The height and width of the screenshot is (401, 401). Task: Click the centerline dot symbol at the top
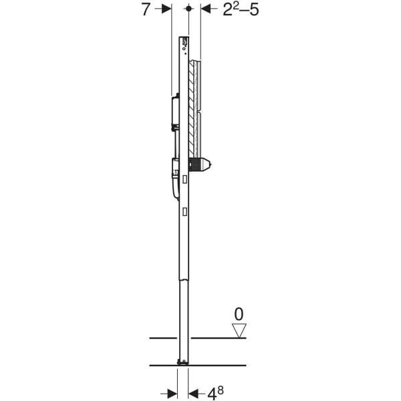tap(190, 9)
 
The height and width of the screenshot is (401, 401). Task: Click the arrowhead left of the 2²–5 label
tap(205, 9)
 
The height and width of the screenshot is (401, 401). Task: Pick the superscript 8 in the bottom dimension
tap(221, 389)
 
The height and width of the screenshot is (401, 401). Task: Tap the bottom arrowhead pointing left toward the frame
tap(194, 392)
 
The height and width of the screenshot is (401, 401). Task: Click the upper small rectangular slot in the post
tap(184, 178)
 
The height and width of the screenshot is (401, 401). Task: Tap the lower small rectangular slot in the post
tap(184, 211)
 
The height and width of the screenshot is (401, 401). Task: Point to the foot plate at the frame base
tap(182, 362)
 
